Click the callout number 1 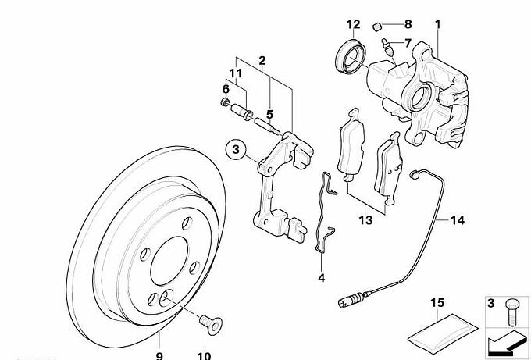point(438,24)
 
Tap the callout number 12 point(354,24)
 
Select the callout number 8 point(407,24)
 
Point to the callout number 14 point(457,222)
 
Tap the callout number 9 point(159,356)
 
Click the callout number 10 point(205,356)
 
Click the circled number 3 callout point(237,148)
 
